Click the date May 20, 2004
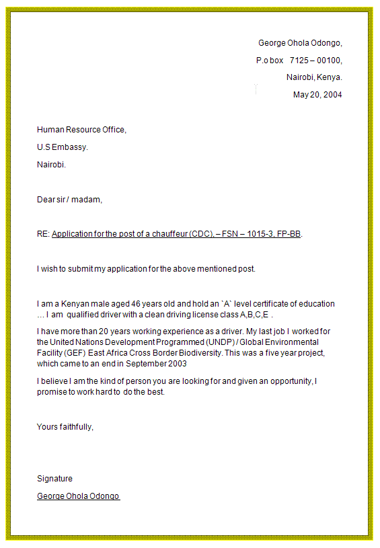pyautogui.click(x=317, y=95)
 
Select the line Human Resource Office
pyautogui.click(x=81, y=130)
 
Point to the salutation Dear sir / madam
pyautogui.click(x=69, y=200)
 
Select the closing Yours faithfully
pyautogui.click(x=65, y=427)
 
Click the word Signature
pyautogui.click(x=54, y=479)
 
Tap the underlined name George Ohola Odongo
pyautogui.click(x=78, y=496)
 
